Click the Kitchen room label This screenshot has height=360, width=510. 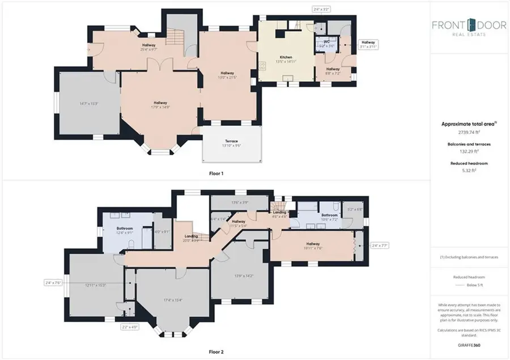point(286,57)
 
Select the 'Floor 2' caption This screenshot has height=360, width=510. point(216,352)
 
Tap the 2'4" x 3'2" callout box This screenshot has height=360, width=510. point(321,9)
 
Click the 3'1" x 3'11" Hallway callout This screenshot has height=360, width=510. point(368,45)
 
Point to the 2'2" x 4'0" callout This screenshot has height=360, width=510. point(130,327)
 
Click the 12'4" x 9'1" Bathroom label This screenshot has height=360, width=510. point(125,230)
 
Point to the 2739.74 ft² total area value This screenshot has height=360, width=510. point(468,131)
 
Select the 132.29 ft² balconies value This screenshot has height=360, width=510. point(468,151)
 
